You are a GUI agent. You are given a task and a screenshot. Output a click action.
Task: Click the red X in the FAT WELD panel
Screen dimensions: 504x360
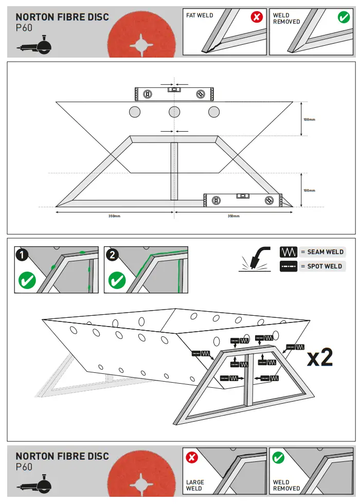pos(256,17)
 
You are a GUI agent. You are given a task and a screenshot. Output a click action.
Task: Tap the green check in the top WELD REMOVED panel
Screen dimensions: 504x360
pos(344,17)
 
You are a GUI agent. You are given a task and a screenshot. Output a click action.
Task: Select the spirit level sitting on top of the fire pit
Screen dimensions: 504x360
pos(174,94)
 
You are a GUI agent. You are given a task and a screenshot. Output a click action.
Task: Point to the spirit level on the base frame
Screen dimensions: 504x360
pos(243,200)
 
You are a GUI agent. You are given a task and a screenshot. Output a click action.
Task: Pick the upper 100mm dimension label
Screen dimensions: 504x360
pos(309,119)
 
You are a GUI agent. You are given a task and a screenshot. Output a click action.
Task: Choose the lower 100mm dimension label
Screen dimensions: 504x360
pos(309,190)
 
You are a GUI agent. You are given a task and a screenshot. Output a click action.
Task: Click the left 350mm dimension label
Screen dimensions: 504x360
pos(114,216)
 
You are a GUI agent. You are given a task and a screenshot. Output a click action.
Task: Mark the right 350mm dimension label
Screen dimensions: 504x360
pos(233,216)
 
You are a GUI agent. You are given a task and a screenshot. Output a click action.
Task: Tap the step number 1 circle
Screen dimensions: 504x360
pos(21,254)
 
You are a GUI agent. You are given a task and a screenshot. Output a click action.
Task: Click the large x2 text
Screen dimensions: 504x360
pos(319,358)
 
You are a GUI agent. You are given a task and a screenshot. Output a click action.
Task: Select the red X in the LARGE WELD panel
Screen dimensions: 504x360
pos(192,457)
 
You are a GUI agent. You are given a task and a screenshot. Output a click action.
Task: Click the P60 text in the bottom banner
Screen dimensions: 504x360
pos(24,467)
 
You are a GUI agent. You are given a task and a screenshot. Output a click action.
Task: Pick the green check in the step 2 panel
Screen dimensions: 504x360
pos(117,281)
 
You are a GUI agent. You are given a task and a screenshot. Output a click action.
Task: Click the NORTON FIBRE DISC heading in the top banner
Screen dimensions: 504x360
pos(62,17)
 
